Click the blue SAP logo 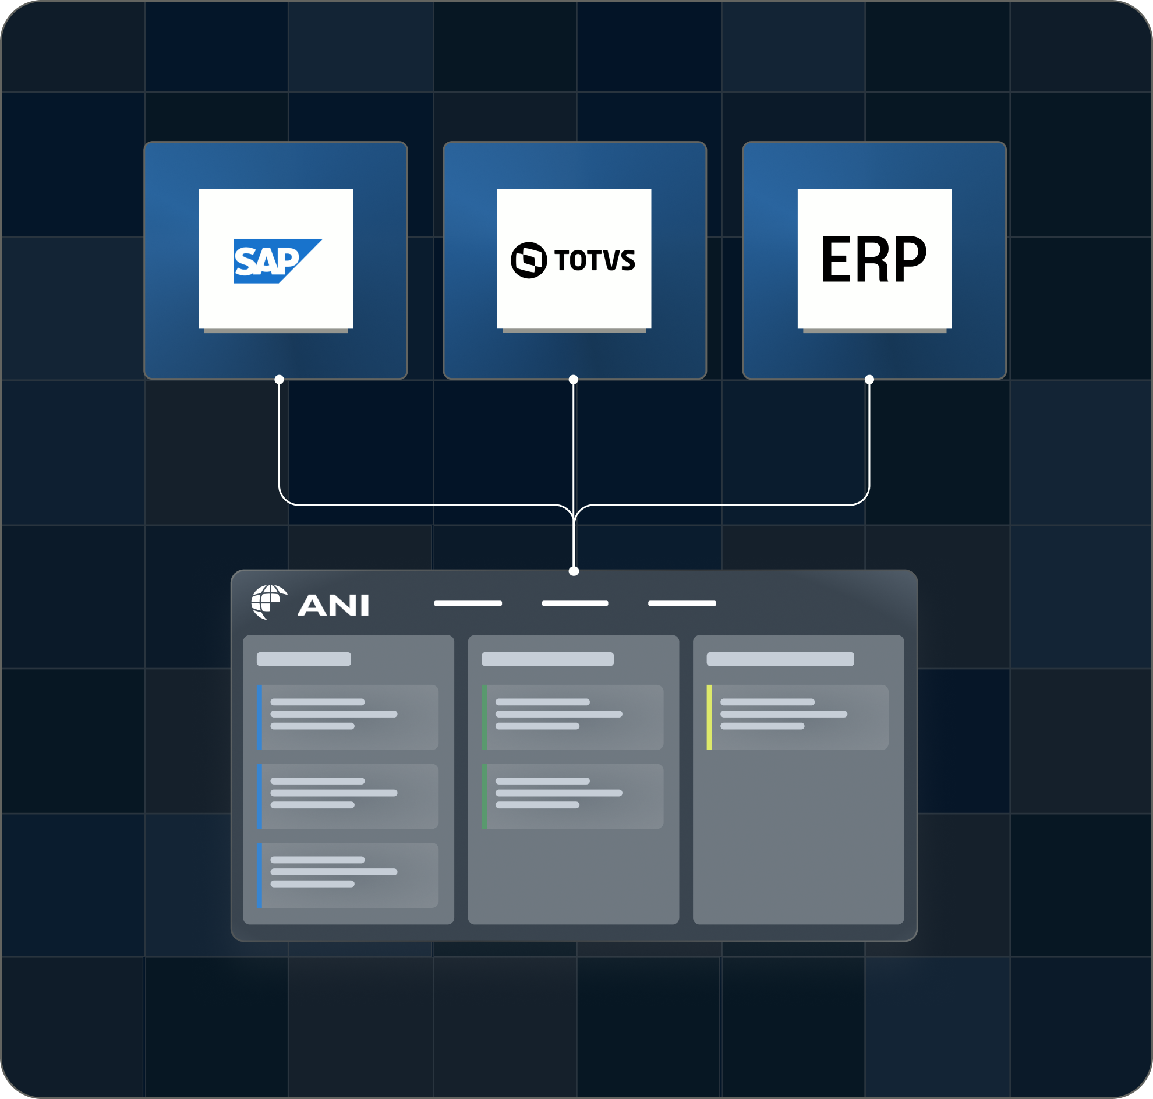[x=278, y=261]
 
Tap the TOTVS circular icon [x=529, y=260]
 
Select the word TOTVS [x=595, y=260]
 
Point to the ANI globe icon [x=269, y=602]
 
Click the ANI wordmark [x=333, y=605]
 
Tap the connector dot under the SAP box [x=280, y=380]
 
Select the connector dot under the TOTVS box [x=574, y=380]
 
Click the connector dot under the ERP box [x=869, y=380]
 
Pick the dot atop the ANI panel [x=574, y=571]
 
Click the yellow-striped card [x=797, y=718]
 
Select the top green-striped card [x=572, y=718]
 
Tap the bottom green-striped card [x=572, y=796]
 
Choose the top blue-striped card [x=348, y=718]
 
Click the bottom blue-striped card [x=348, y=875]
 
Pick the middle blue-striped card [x=348, y=796]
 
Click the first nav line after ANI [x=468, y=603]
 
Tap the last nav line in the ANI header [x=682, y=603]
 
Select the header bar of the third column [x=780, y=659]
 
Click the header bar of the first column [x=304, y=659]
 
